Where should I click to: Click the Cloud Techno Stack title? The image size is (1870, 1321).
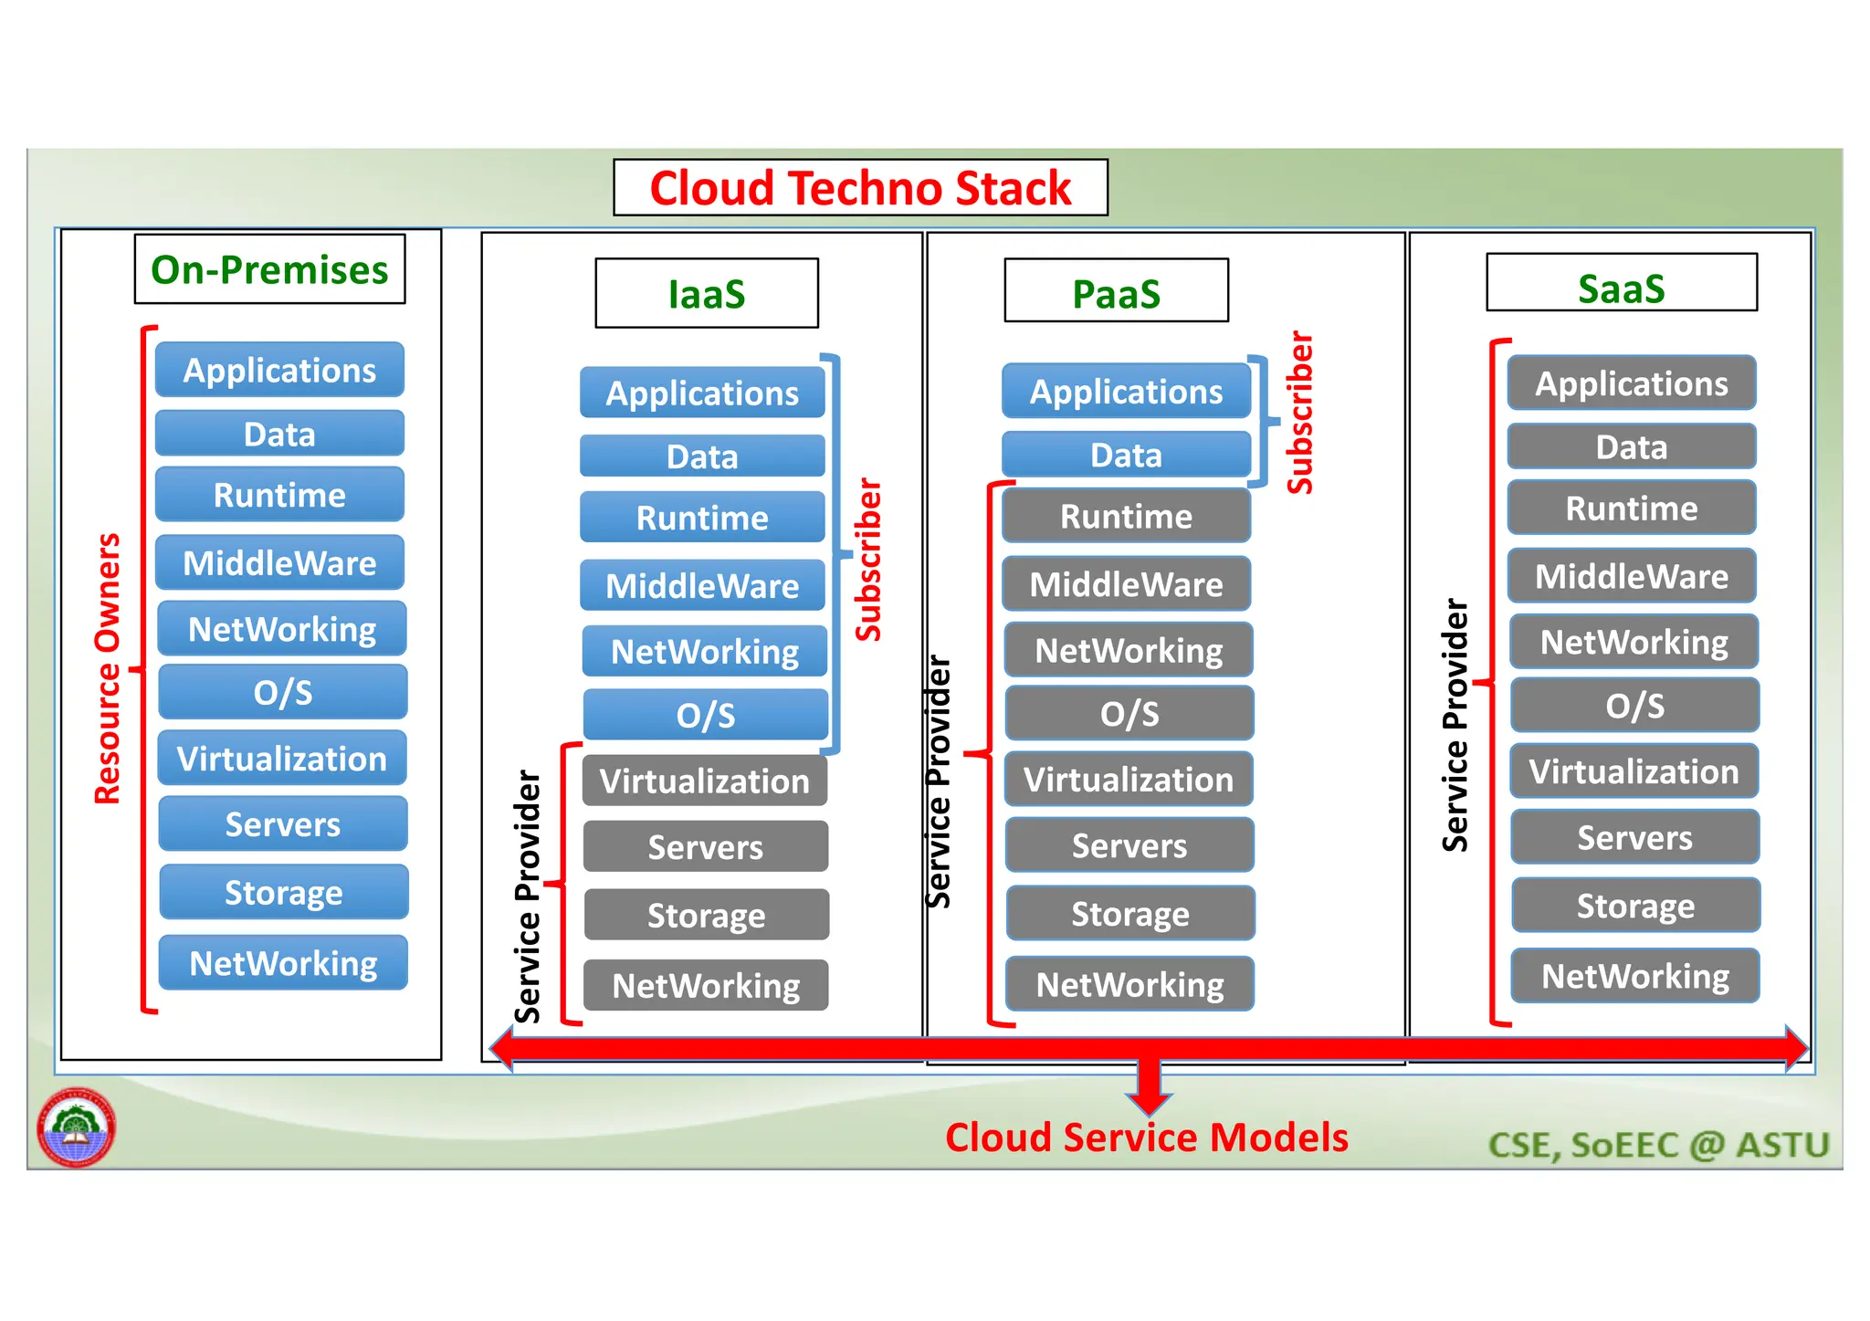860,188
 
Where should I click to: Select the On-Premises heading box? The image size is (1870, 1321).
269,269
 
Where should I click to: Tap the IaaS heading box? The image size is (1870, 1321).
707,293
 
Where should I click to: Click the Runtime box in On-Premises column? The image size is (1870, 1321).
279,495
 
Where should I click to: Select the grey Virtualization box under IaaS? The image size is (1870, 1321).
705,781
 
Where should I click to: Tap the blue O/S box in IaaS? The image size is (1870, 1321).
705,715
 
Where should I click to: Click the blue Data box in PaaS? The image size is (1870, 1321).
1126,455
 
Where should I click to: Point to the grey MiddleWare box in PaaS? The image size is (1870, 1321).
1126,584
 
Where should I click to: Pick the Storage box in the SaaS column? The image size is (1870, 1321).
1635,906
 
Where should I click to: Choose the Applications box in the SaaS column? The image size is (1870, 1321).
1631,383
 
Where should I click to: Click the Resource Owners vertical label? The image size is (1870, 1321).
108,668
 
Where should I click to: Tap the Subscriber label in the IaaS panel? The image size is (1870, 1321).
868,560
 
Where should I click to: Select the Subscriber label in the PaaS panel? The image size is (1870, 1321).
1299,413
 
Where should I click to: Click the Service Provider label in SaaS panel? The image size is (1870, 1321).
1455,726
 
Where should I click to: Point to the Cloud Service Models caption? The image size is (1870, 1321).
1146,1138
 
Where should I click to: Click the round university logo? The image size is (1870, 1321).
77,1127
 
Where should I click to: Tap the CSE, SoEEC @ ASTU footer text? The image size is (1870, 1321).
1658,1145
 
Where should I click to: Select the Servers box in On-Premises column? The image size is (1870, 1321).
283,824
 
